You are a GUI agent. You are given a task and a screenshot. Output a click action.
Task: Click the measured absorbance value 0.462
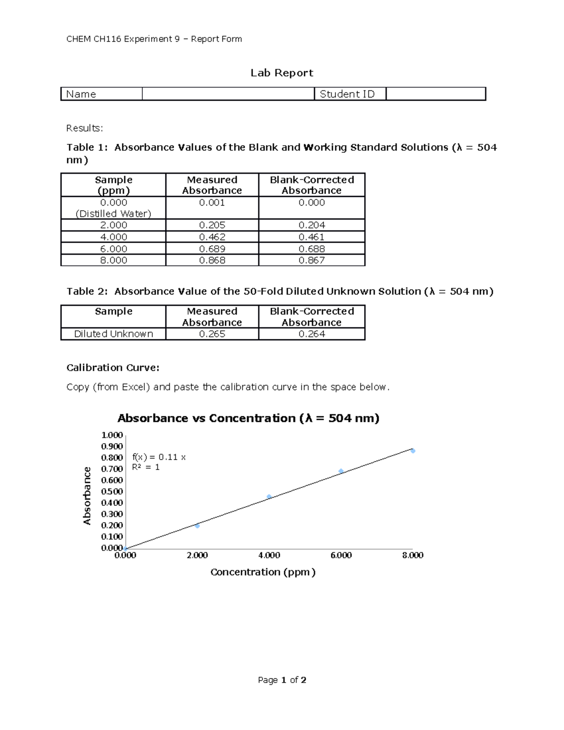212,237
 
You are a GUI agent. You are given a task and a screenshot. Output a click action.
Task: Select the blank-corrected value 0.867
312,260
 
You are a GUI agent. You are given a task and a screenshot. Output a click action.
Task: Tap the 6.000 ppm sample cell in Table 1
113,249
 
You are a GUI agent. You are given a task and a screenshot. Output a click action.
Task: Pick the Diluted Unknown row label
113,334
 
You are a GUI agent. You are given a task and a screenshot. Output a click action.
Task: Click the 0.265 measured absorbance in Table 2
212,334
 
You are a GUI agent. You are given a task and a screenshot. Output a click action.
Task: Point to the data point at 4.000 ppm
269,497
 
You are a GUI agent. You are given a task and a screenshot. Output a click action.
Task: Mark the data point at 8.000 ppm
413,451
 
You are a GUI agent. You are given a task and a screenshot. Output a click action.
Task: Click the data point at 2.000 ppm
197,526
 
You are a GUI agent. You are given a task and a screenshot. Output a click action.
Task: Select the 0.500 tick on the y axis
112,491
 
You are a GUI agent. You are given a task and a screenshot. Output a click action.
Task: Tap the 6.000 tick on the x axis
341,555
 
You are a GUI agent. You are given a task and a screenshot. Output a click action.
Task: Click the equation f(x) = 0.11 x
159,457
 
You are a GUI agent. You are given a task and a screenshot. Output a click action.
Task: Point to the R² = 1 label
146,467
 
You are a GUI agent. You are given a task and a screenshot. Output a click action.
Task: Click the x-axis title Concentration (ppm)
263,572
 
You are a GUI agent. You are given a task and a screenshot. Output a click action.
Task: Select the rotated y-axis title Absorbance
87,495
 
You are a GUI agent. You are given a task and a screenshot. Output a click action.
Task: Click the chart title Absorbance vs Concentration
248,418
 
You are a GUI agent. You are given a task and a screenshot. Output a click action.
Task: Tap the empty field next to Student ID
435,94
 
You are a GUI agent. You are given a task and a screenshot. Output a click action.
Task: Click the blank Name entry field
228,94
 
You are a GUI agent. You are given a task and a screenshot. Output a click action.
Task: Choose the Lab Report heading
282,73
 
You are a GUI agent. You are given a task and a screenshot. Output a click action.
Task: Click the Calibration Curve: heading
113,368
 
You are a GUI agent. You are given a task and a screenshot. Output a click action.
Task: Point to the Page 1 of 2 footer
282,680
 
